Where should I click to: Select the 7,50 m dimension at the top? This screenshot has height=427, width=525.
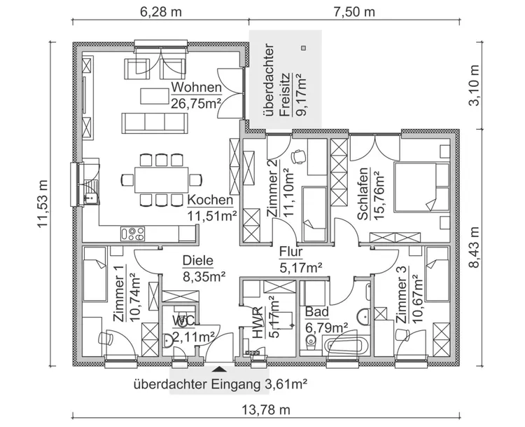(353, 12)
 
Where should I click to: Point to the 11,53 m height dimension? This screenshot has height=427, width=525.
(43, 203)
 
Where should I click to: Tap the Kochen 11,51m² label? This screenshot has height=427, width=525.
(211, 208)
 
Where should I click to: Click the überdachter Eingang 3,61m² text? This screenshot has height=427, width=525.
(220, 384)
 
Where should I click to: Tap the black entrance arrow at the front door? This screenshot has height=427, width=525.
(219, 367)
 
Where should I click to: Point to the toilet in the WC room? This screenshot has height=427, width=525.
(168, 341)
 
